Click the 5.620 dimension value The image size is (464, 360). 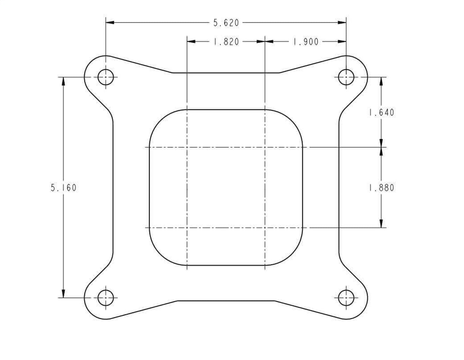coord(226,23)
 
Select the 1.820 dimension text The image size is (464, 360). coord(226,42)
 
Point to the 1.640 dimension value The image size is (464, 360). coord(381,112)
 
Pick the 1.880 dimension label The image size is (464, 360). coord(381,188)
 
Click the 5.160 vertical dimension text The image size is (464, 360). coord(64,188)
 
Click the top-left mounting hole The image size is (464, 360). coord(106,77)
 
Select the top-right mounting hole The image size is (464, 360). coord(346,77)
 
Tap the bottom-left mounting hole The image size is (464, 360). coord(106,298)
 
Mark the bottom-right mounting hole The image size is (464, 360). coord(346,298)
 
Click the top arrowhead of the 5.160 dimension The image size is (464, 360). coord(64,81)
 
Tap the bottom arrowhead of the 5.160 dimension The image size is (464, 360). coord(64,294)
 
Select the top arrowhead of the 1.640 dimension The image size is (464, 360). coord(381,81)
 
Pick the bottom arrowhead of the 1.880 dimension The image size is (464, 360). coord(381,224)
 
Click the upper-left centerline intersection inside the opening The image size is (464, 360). coord(187,147)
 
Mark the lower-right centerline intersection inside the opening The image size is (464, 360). coord(265,228)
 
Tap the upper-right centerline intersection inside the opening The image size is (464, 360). coord(265,147)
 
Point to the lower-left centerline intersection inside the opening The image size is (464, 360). coord(187,228)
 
